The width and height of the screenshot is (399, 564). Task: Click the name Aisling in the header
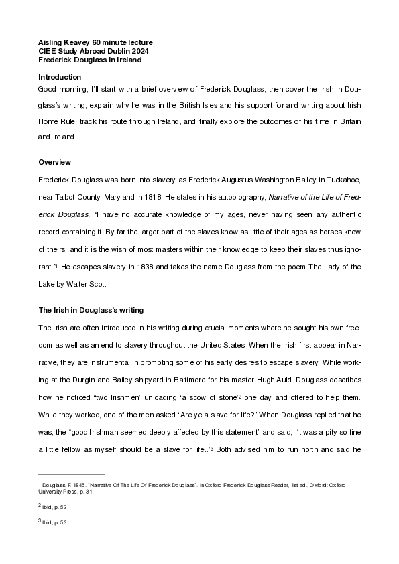(50, 42)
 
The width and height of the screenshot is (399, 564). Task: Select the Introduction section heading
(60, 77)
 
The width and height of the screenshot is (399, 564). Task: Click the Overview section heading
(55, 162)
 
